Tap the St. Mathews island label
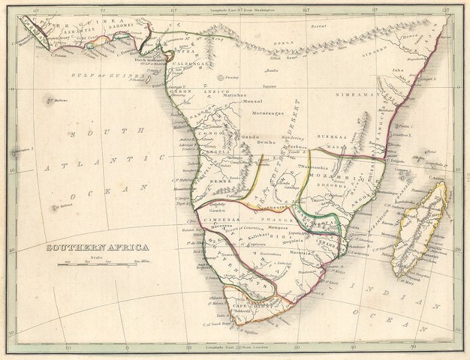coord(57,99)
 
